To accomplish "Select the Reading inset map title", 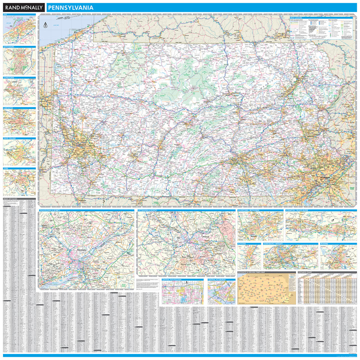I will coord(325,243).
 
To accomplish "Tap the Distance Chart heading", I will coord(306,272).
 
